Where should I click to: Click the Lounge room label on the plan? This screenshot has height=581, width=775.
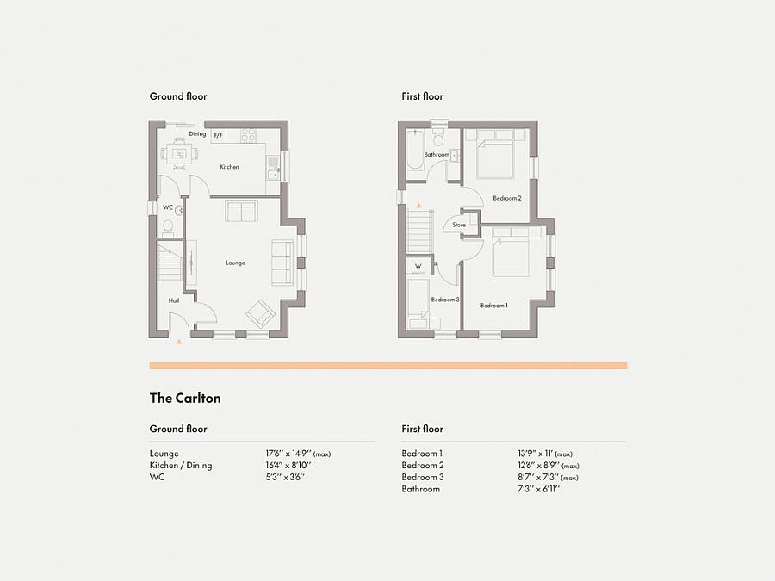tap(235, 263)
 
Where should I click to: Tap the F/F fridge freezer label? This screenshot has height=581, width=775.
tap(218, 135)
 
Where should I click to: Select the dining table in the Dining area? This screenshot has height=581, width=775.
tap(179, 153)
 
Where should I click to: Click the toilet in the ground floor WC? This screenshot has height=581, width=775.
tap(168, 227)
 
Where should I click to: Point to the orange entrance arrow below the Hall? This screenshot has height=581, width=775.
tap(179, 341)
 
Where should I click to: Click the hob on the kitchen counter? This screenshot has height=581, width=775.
tap(248, 135)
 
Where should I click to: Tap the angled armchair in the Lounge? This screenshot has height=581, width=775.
tap(260, 313)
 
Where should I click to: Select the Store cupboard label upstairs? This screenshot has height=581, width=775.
tap(459, 225)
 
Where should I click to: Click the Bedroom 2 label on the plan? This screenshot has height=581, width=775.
tap(507, 198)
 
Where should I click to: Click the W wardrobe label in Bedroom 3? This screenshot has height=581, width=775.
tap(418, 266)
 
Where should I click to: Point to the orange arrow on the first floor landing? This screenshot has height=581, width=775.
tap(419, 205)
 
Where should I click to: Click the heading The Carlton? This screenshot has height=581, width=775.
tap(185, 399)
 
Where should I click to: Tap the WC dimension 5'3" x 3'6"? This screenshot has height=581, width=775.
tap(285, 477)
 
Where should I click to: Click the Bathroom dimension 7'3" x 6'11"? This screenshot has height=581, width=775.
tap(539, 489)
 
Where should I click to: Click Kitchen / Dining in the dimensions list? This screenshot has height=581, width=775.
tap(181, 466)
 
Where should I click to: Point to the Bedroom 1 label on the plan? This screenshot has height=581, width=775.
tap(494, 306)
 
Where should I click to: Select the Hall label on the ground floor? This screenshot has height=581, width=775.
tap(173, 300)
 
